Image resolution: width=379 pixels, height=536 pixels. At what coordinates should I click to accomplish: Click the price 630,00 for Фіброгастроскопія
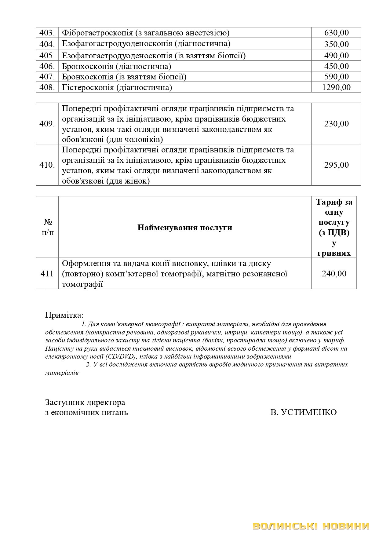click(x=336, y=33)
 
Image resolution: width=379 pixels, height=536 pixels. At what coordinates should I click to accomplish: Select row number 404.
click(x=47, y=44)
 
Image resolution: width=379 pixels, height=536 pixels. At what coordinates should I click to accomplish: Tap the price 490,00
click(x=336, y=56)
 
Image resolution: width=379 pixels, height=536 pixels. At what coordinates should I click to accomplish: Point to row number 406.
click(x=47, y=66)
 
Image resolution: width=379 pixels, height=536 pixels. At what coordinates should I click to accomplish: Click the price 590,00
click(x=336, y=77)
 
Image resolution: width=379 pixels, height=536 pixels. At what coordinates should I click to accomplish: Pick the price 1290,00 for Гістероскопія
click(x=336, y=88)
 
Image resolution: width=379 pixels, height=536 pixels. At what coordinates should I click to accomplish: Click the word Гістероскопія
click(x=88, y=88)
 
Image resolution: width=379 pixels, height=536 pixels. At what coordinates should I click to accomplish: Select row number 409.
click(x=47, y=124)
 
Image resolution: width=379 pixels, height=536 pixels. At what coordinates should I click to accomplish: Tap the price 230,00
click(x=336, y=124)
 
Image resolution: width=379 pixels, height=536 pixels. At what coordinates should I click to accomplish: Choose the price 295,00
click(x=336, y=165)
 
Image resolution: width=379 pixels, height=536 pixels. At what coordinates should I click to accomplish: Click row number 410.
click(x=47, y=165)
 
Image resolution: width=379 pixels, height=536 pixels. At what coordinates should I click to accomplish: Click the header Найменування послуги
click(x=185, y=228)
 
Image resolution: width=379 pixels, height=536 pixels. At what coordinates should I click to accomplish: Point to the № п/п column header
click(x=47, y=227)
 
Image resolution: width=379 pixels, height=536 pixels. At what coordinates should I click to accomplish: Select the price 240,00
click(x=334, y=274)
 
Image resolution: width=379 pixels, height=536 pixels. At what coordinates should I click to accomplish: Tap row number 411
click(x=47, y=274)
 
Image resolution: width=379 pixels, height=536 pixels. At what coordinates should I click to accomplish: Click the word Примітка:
click(x=64, y=315)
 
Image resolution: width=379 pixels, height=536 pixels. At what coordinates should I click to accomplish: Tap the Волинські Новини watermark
click(x=311, y=526)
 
